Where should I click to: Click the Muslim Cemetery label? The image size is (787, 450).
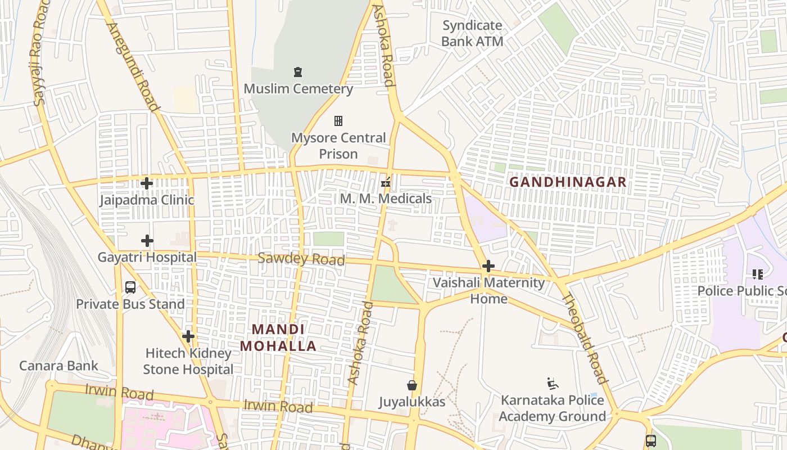pos(298,89)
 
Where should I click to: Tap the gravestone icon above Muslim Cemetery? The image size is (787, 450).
pos(298,72)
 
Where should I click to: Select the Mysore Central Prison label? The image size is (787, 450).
pos(338,146)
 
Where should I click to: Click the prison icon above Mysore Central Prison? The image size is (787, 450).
pos(338,121)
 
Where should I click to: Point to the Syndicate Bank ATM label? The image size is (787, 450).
pos(472,33)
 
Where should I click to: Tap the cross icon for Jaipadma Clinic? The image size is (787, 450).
pos(147,183)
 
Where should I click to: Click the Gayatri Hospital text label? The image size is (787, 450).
pos(147,258)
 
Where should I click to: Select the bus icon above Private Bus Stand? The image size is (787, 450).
pos(130,287)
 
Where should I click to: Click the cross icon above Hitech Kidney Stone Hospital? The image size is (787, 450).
pos(188,336)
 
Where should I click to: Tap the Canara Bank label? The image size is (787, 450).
pos(58,366)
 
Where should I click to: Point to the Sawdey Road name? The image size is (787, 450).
pos(301,259)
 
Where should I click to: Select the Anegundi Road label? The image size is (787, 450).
pos(133,66)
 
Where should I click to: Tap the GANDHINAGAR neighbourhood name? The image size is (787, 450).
pos(568,182)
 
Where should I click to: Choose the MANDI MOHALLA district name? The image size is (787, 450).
pos(278,337)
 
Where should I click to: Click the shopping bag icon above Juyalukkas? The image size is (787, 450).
pos(412,385)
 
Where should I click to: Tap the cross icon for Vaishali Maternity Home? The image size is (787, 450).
pos(489,266)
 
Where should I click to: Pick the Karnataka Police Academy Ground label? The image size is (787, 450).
pos(552,408)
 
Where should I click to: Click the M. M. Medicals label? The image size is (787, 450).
pos(386,199)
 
